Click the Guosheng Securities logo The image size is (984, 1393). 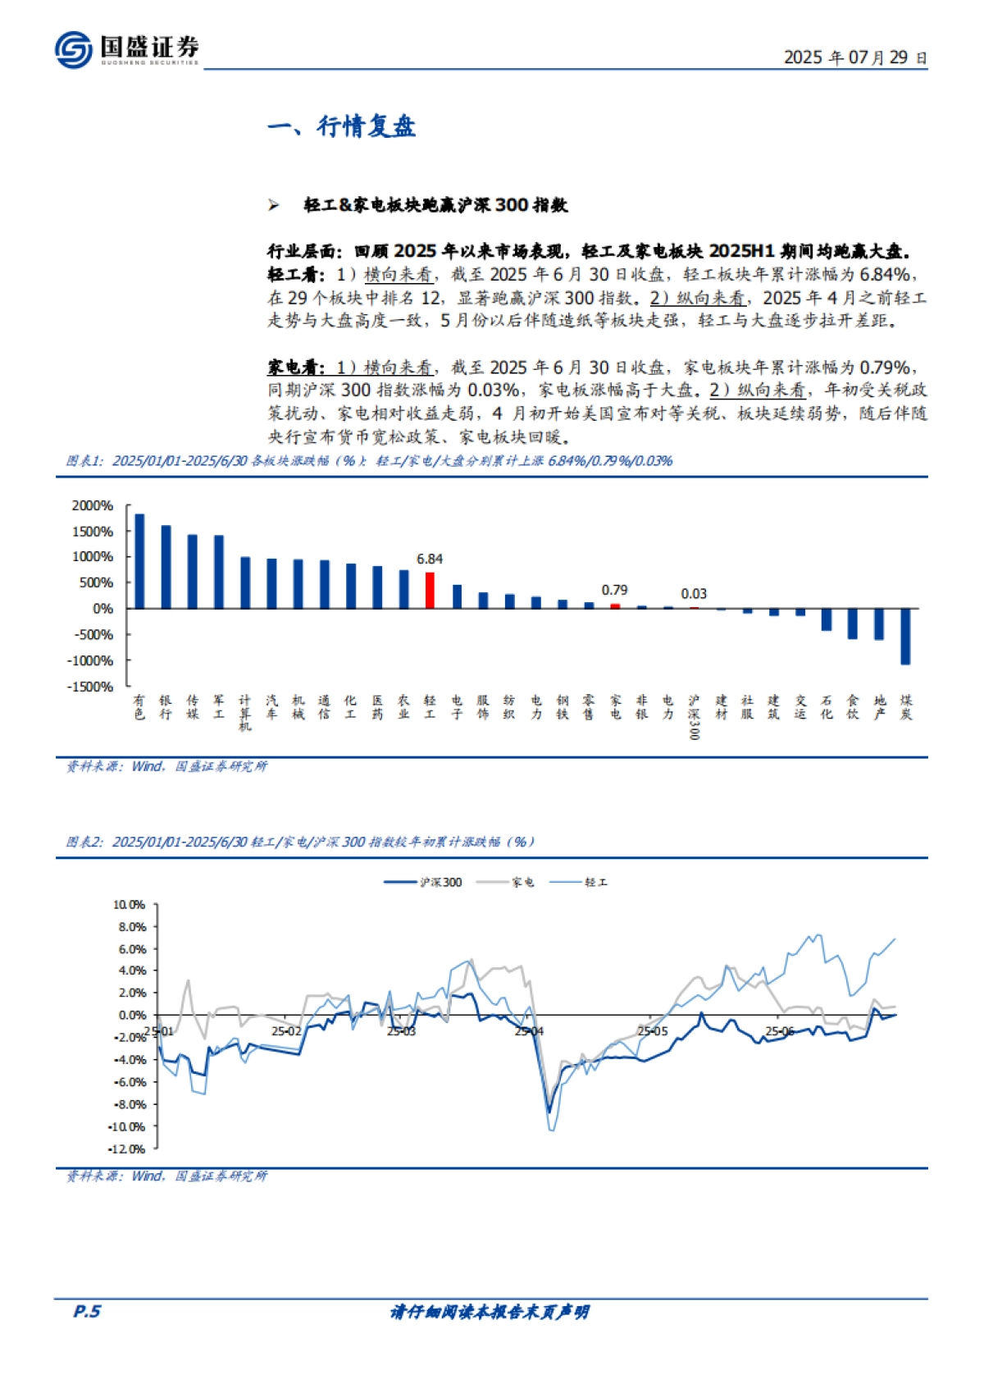[x=126, y=49]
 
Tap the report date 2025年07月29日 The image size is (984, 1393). [x=854, y=57]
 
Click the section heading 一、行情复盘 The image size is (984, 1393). [x=341, y=126]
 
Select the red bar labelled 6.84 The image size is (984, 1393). [x=430, y=590]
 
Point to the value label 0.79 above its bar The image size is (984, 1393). [x=614, y=590]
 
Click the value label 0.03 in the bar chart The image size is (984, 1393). [x=694, y=593]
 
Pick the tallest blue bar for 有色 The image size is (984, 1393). [x=139, y=561]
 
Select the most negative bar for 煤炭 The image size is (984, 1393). [x=905, y=636]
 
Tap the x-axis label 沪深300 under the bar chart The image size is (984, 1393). [x=694, y=716]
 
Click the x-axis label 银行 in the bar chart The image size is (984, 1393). [x=166, y=706]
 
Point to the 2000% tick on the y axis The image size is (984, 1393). [x=93, y=505]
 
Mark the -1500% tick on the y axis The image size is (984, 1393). [x=90, y=687]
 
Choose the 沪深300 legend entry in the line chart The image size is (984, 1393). [x=424, y=882]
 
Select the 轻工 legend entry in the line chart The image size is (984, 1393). [x=582, y=882]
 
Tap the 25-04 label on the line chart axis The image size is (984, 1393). [x=529, y=1031]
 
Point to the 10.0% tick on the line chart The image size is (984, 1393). [x=129, y=905]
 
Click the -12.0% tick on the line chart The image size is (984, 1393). [x=127, y=1149]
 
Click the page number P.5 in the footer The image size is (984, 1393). [x=87, y=1311]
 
